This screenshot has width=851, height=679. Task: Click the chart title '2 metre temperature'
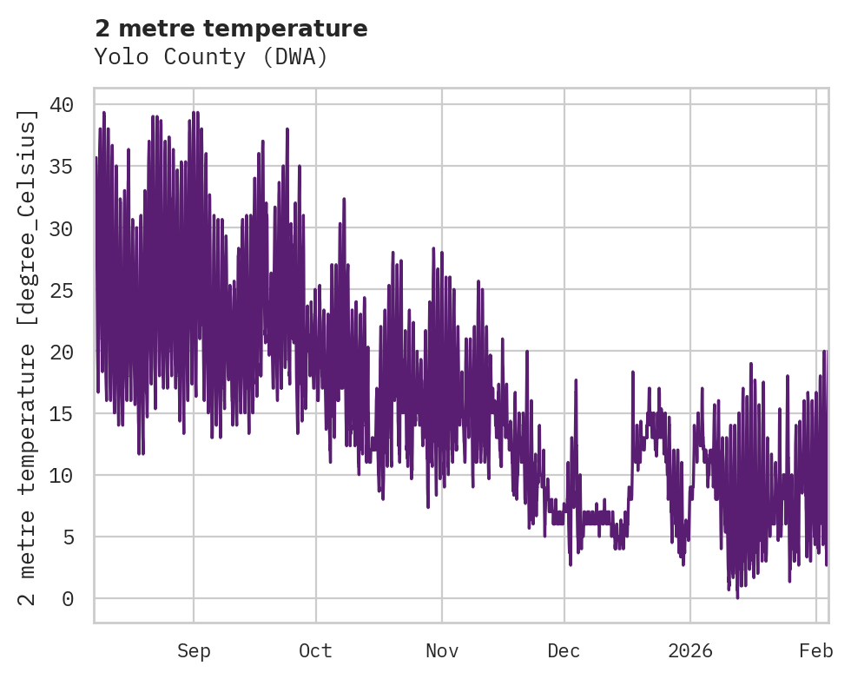tap(231, 29)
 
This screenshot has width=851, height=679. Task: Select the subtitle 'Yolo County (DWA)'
tap(211, 57)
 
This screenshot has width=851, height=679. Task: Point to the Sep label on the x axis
tap(194, 651)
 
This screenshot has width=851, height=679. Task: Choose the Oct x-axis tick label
tap(315, 651)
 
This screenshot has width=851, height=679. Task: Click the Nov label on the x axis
tap(442, 651)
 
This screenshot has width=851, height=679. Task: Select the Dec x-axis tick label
tap(564, 651)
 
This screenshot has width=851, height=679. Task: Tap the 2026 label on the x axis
tap(690, 651)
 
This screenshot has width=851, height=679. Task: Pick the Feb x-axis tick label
tap(816, 651)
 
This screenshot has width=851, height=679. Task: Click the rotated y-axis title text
tap(29, 358)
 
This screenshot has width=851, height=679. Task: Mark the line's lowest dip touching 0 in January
tap(737, 597)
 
